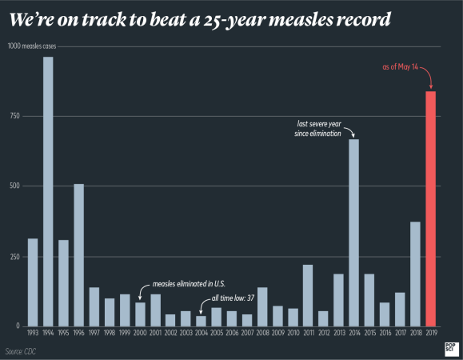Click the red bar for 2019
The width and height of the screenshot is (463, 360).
430,209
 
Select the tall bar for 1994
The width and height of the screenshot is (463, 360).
48,191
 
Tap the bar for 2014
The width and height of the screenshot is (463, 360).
353,233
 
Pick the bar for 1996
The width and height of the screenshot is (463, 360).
78,255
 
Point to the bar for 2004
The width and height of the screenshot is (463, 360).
201,321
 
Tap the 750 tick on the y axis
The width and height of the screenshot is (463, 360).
14,116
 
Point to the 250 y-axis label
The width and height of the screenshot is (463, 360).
14,256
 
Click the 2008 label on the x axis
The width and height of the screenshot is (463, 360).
261,332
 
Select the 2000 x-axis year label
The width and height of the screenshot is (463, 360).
140,332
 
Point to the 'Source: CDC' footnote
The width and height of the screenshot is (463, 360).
21,351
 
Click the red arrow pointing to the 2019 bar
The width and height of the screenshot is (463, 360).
428,78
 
